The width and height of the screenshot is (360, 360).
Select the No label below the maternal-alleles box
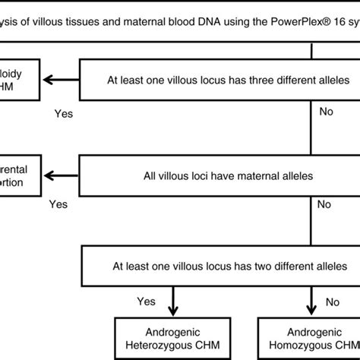[x=324, y=204]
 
